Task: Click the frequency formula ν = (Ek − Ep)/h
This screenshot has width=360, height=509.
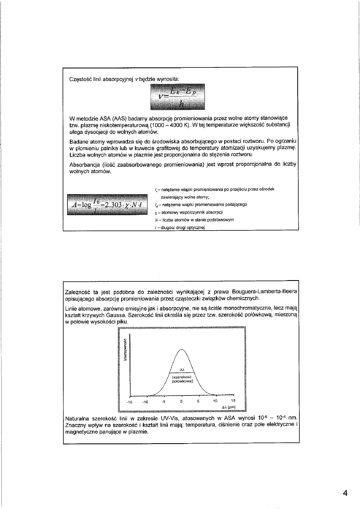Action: click(178, 97)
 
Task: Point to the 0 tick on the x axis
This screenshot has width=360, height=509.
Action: click(182, 402)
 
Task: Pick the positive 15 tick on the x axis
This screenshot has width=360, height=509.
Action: click(233, 402)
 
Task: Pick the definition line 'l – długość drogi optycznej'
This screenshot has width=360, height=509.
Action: click(180, 228)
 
